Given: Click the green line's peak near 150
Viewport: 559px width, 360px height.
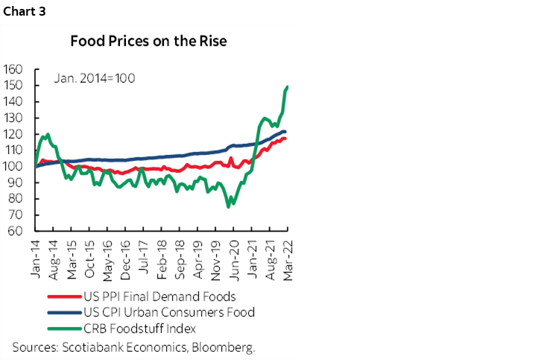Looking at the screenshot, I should click(288, 87).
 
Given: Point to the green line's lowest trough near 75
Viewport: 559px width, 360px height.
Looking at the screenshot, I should click(228, 206).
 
